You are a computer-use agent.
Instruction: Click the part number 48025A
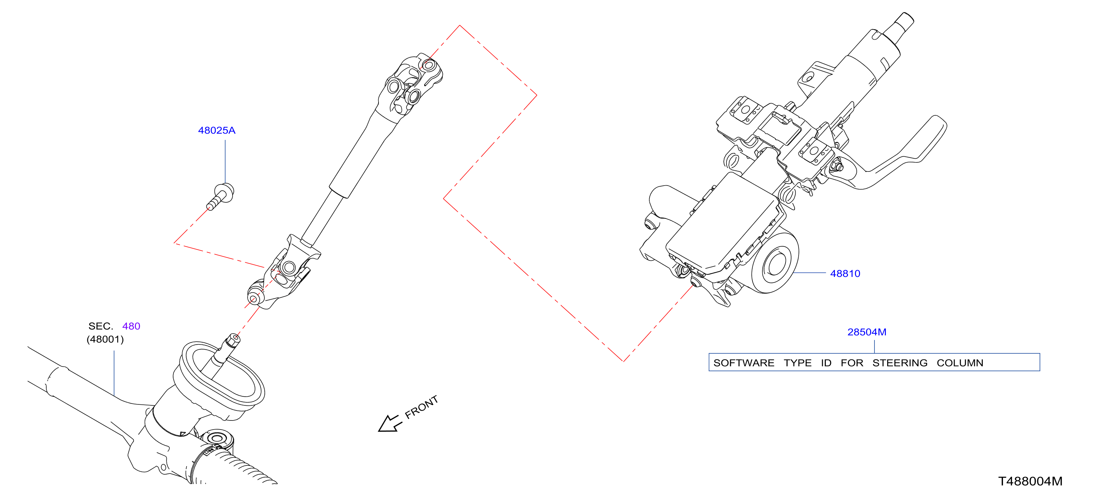pyautogui.click(x=217, y=131)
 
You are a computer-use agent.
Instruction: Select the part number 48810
pyautogui.click(x=845, y=273)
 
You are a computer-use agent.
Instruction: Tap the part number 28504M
pyautogui.click(x=867, y=332)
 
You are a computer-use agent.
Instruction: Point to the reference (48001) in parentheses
pyautogui.click(x=105, y=339)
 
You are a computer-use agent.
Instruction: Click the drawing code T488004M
pyautogui.click(x=1031, y=481)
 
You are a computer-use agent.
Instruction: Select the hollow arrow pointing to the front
pyautogui.click(x=390, y=424)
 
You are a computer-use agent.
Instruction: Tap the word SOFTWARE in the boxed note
pyautogui.click(x=744, y=363)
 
